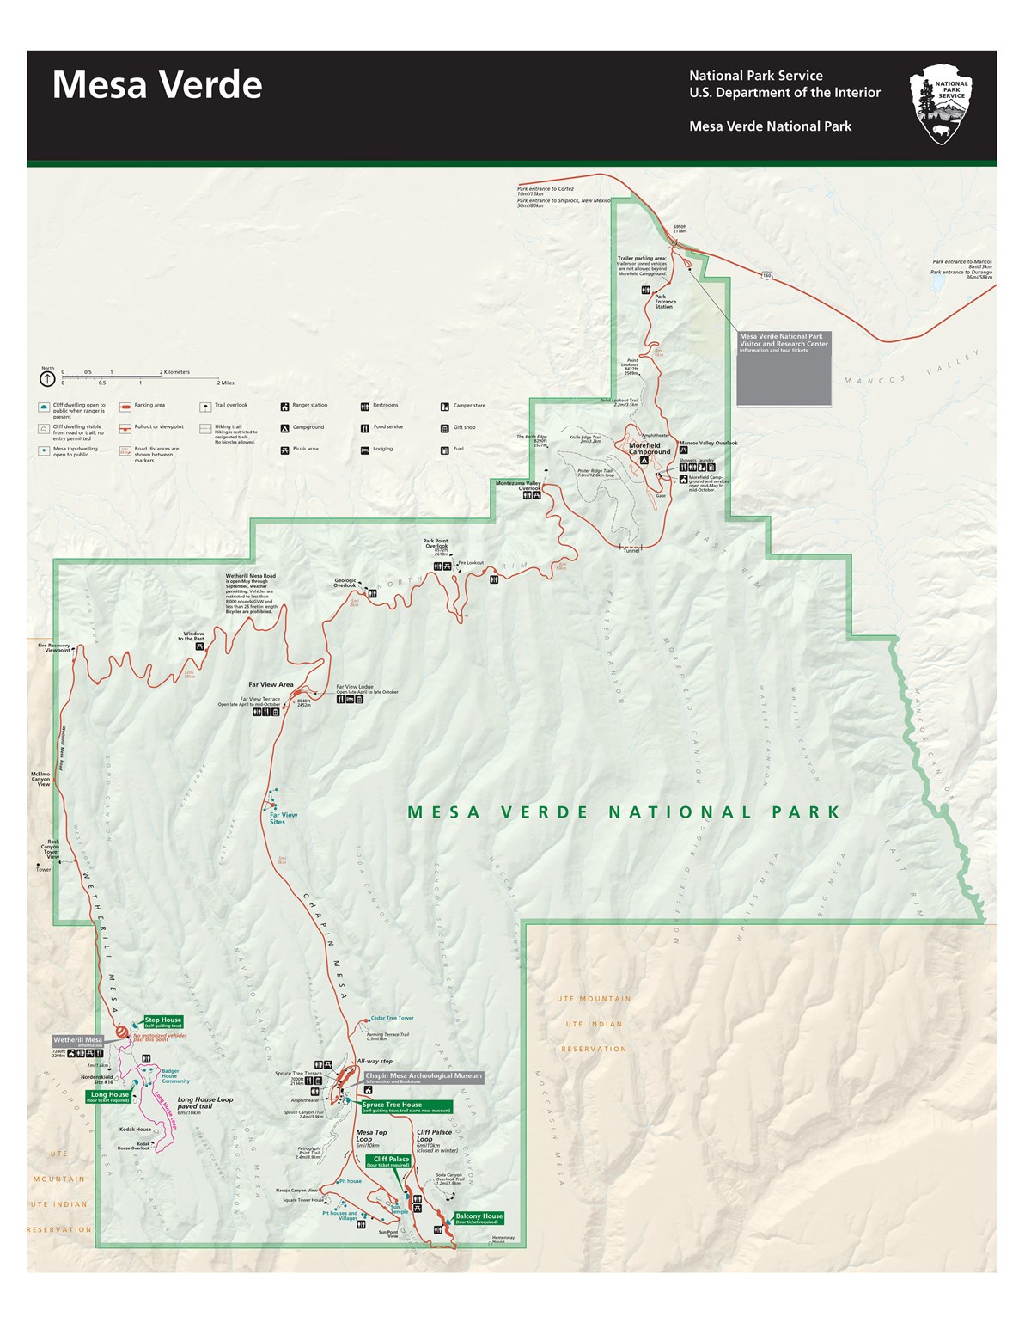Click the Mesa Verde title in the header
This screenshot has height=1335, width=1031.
pyautogui.click(x=157, y=85)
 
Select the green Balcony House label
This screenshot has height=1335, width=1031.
pyautogui.click(x=479, y=1217)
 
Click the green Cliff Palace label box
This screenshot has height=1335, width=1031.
pyautogui.click(x=391, y=1160)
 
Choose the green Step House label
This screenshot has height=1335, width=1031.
pyautogui.click(x=162, y=1021)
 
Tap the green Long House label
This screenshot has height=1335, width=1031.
pyautogui.click(x=108, y=1096)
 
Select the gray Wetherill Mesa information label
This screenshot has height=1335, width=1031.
pyautogui.click(x=78, y=1040)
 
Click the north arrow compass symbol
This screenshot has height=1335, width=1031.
pyautogui.click(x=48, y=378)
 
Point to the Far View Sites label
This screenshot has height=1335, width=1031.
pyautogui.click(x=283, y=818)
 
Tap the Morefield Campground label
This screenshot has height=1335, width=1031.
pyautogui.click(x=650, y=448)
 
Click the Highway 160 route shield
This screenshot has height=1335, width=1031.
pyautogui.click(x=765, y=275)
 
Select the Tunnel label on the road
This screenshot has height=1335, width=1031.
pyautogui.click(x=631, y=551)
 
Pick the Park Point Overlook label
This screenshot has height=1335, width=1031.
pyautogui.click(x=436, y=545)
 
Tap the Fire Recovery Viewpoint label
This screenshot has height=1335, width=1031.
pyautogui.click(x=53, y=648)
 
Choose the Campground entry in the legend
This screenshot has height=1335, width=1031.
pyautogui.click(x=308, y=427)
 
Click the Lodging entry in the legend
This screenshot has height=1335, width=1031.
pyautogui.click(x=382, y=449)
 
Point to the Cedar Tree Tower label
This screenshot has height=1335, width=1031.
pyautogui.click(x=392, y=1018)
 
